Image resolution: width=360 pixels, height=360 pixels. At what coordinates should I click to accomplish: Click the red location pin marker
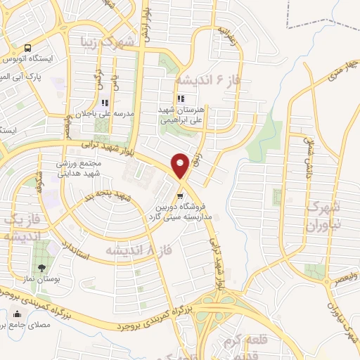click(181, 166)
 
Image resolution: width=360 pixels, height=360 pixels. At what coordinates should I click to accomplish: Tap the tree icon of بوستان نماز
click(41, 267)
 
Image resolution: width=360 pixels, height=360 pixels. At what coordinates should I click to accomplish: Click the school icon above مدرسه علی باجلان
click(105, 103)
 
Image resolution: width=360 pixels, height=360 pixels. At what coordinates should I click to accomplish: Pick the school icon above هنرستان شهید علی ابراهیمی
click(181, 99)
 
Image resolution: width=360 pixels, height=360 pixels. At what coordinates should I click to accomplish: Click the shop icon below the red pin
click(181, 190)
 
